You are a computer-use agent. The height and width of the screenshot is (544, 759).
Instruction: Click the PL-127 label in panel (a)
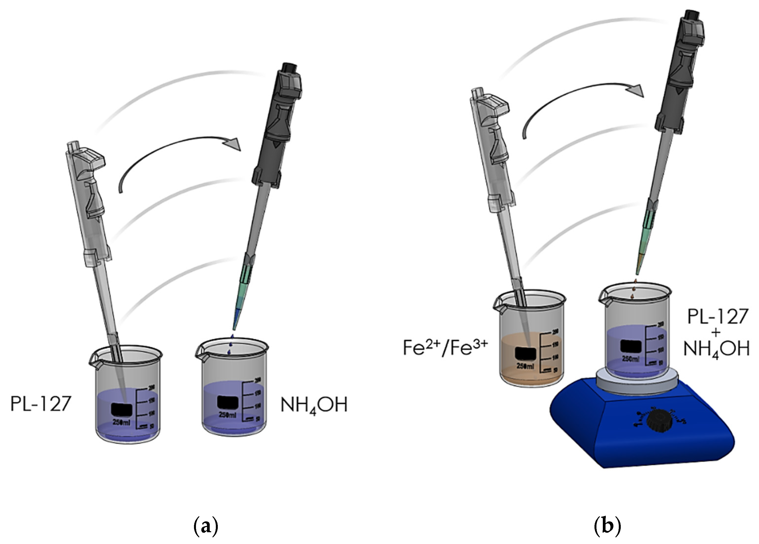[41, 404]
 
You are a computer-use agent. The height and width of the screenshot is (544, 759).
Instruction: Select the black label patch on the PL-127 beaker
[122, 409]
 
